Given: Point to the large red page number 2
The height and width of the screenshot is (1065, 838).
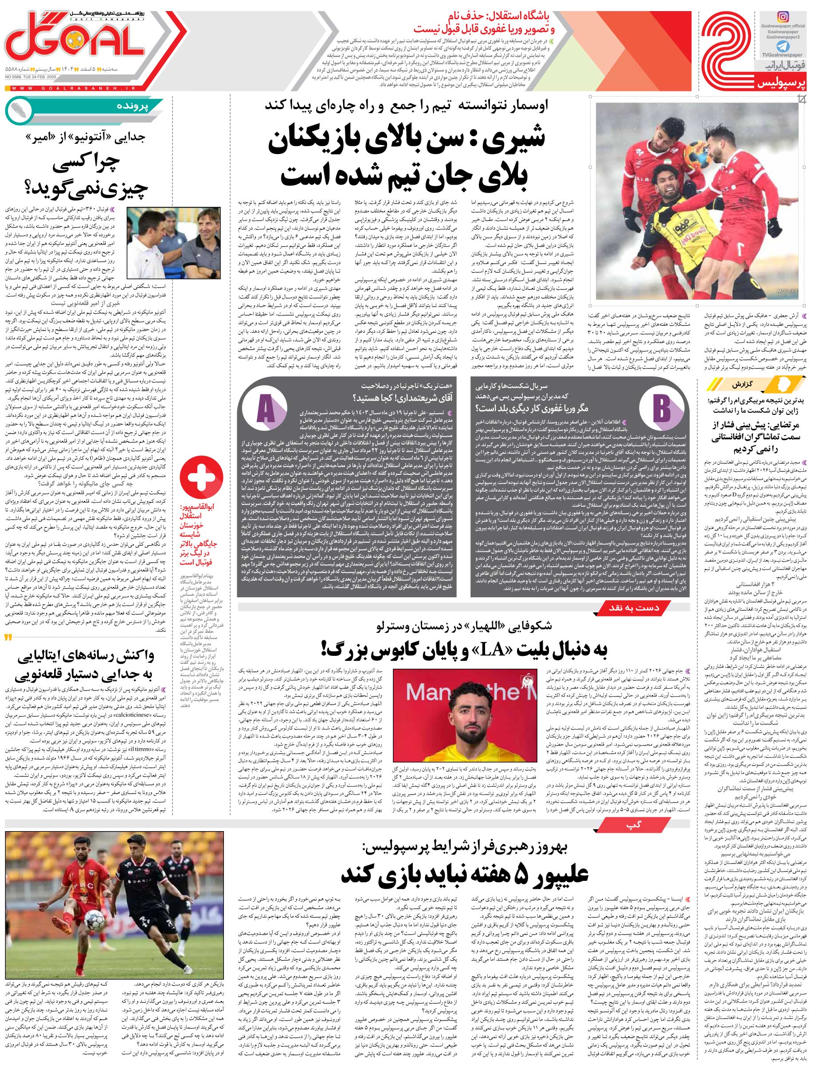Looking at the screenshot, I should [x=728, y=51].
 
